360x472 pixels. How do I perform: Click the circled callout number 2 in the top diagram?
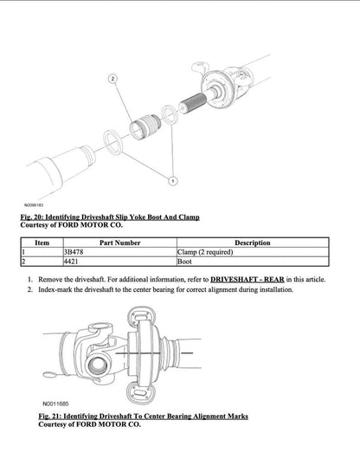click(x=112, y=79)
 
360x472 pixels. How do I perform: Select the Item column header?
click(x=41, y=242)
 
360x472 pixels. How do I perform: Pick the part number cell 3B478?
click(x=74, y=251)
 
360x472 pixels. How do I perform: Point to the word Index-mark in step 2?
click(x=56, y=289)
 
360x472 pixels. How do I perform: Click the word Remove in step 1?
click(x=51, y=280)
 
